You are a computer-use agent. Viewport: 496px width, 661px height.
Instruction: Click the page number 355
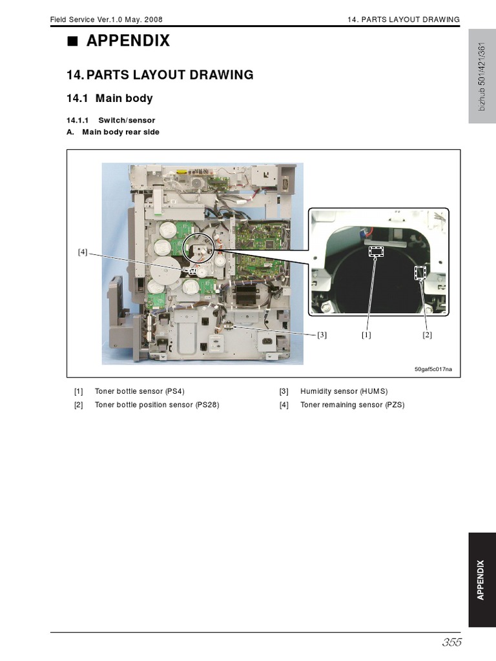point(452,642)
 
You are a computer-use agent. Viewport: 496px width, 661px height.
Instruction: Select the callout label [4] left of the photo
point(83,252)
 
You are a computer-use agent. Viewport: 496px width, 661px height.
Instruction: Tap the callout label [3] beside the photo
point(322,334)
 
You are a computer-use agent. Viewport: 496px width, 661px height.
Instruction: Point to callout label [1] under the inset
point(367,334)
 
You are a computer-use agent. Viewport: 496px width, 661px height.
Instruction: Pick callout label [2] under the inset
point(427,334)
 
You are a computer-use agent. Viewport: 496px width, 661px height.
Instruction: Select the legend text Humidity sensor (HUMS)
point(344,391)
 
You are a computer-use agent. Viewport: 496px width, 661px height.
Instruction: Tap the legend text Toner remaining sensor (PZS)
point(352,405)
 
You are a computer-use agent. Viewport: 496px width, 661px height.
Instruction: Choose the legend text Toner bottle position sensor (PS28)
point(157,405)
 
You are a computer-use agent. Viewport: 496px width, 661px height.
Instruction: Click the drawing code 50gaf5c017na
point(433,369)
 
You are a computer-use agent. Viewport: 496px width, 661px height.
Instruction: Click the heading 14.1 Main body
point(110,98)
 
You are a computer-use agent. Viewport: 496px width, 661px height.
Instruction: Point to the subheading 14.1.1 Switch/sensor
point(111,120)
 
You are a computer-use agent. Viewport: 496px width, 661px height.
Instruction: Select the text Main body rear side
point(121,132)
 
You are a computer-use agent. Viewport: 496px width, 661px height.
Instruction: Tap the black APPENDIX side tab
point(481,580)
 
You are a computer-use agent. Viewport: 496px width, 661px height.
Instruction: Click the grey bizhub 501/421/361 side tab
point(481,76)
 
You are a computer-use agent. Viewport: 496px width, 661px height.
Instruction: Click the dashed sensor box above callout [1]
point(375,251)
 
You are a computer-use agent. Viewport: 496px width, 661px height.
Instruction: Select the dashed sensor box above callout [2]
point(420,274)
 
